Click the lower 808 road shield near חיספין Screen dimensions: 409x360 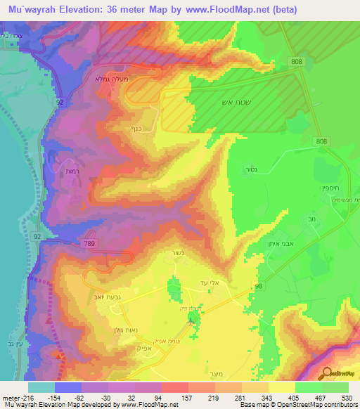coord(321,142)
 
